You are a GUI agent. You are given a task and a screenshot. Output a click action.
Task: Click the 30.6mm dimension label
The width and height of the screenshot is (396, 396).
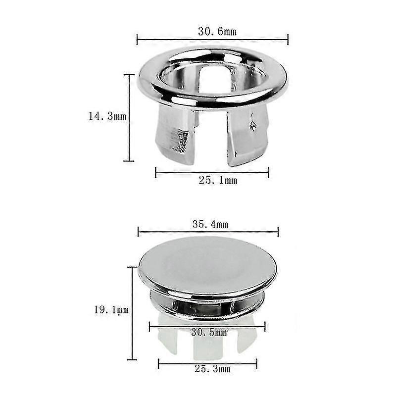pyautogui.click(x=217, y=32)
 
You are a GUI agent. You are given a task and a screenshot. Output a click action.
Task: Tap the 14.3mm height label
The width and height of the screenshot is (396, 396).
pyautogui.click(x=107, y=116)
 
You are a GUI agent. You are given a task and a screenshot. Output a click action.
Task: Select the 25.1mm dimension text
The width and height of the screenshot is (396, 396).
pyautogui.click(x=218, y=180)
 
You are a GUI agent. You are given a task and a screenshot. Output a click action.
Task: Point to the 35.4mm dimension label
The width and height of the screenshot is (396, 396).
pyautogui.click(x=210, y=224)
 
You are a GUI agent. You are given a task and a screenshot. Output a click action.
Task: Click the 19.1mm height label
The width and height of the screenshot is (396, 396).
pyautogui.click(x=111, y=310)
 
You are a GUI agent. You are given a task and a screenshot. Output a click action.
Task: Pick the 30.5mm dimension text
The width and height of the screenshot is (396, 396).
pyautogui.click(x=209, y=332)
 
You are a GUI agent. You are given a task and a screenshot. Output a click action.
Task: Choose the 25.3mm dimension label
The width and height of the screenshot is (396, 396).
pyautogui.click(x=212, y=369)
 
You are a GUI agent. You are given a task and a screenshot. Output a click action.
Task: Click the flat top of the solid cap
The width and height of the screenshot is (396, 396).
pyautogui.click(x=207, y=265)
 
